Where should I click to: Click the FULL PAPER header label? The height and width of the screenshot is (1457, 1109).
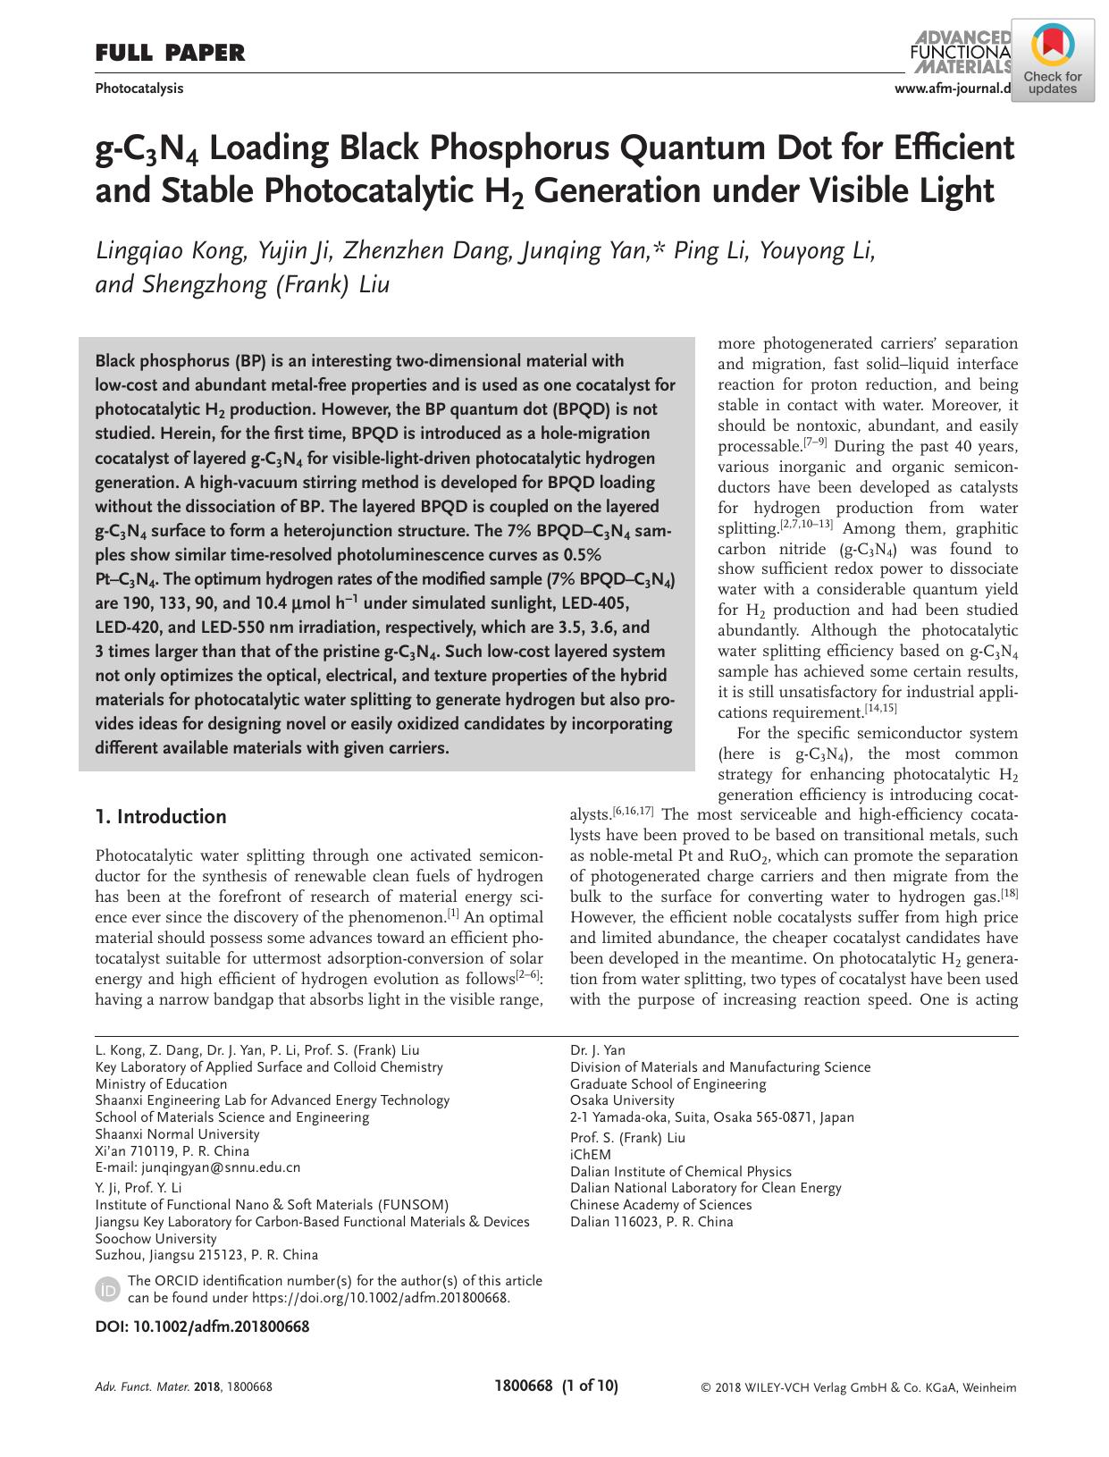coord(170,54)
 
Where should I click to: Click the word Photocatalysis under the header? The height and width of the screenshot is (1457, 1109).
coord(139,88)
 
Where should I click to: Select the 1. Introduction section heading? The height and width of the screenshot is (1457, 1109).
coord(161,816)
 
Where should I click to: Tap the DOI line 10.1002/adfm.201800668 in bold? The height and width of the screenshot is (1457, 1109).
coord(202,1326)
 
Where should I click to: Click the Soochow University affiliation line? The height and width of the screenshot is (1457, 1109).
coord(155,1238)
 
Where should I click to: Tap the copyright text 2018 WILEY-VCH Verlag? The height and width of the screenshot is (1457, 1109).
coord(859,1388)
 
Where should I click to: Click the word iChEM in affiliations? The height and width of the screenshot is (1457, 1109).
coord(590,1154)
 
